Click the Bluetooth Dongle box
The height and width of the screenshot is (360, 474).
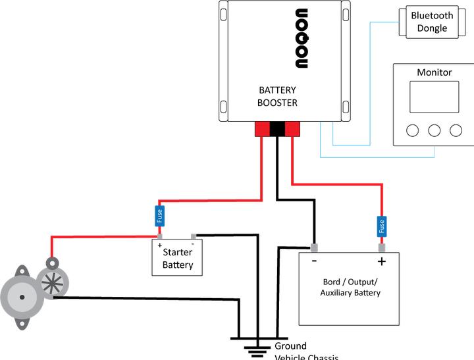[433, 22]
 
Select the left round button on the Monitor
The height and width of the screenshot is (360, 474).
[413, 130]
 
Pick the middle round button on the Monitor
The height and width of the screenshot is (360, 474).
[434, 130]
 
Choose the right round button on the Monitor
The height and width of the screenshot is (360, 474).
[456, 130]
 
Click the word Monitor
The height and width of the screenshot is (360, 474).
[434, 72]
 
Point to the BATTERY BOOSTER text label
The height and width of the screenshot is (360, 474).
[277, 96]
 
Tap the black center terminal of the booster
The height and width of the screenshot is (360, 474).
[277, 129]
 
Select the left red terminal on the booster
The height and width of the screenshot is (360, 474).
[262, 129]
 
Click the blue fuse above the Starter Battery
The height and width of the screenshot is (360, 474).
[159, 215]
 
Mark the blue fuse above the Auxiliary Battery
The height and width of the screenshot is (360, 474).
[381, 226]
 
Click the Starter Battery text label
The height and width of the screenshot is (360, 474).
[178, 259]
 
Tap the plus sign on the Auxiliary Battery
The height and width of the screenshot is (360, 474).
[381, 261]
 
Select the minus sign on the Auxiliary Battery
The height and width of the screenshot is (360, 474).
[315, 261]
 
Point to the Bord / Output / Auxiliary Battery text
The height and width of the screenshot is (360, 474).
[350, 287]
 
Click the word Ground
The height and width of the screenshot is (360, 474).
[290, 346]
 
